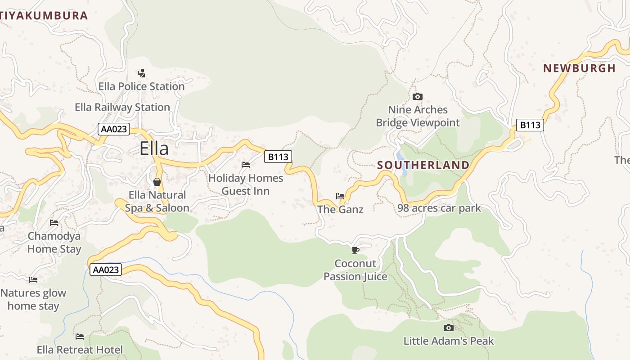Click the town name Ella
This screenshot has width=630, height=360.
pyautogui.click(x=154, y=148)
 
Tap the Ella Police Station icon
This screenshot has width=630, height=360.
pyautogui.click(x=141, y=73)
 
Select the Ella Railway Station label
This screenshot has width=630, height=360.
pyautogui.click(x=122, y=107)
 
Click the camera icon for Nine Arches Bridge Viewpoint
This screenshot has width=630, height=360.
pyautogui.click(x=418, y=96)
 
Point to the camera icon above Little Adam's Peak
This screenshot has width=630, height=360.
pyautogui.click(x=448, y=328)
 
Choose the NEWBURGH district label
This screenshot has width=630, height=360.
pyautogui.click(x=579, y=68)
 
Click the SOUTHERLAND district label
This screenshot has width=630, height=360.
pyautogui.click(x=423, y=165)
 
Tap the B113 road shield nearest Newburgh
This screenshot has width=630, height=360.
pyautogui.click(x=530, y=125)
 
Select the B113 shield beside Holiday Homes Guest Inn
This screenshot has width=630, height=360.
pyautogui.click(x=278, y=157)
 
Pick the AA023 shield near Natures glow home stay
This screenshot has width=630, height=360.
pyautogui.click(x=106, y=270)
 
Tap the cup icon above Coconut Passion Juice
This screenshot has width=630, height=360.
pyautogui.click(x=355, y=250)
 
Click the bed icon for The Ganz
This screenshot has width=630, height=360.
pyautogui.click(x=340, y=196)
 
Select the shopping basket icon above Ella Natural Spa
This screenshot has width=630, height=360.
pyautogui.click(x=157, y=182)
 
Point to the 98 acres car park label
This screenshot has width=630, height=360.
pyautogui.click(x=439, y=208)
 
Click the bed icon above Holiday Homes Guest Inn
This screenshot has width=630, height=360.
pyautogui.click(x=246, y=165)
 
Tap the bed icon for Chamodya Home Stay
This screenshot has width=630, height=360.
pyautogui.click(x=54, y=222)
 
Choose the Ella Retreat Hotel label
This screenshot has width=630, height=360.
pyautogui.click(x=80, y=350)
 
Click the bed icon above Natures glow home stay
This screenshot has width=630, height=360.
pyautogui.click(x=33, y=280)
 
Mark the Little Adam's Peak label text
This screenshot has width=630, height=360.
pyautogui.click(x=448, y=341)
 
